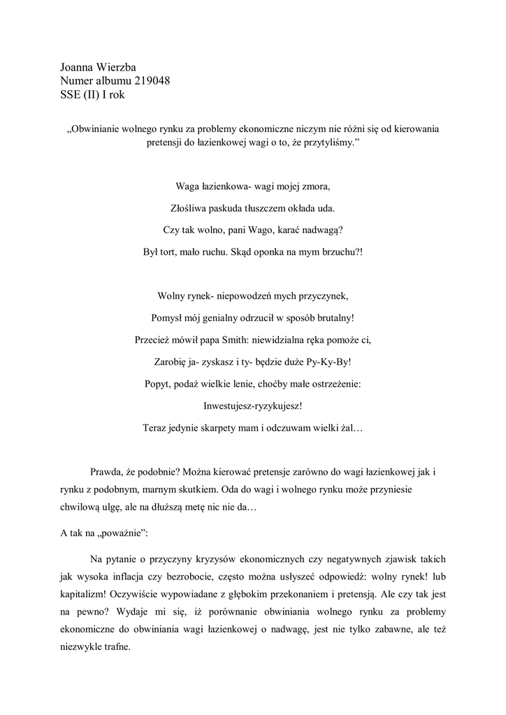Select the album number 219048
click(148, 81)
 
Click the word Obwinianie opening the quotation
click(100, 129)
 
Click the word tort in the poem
click(171, 250)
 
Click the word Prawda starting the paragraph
click(107, 472)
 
